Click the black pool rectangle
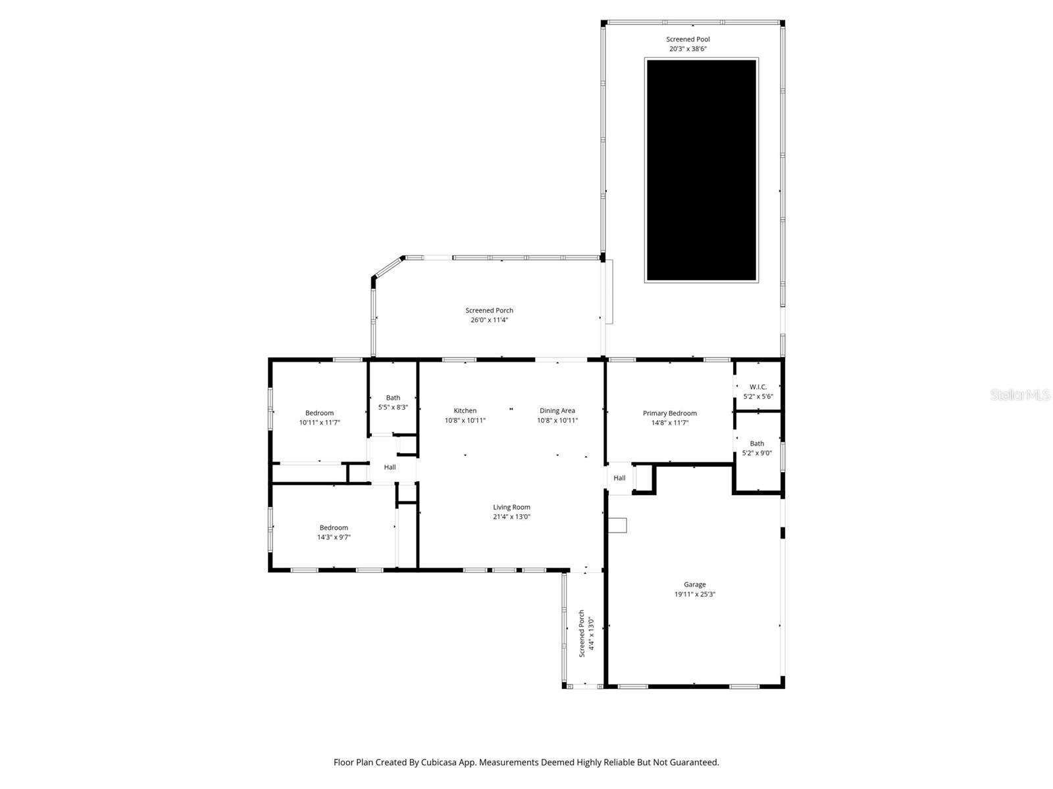point(701,170)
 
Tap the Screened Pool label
point(688,39)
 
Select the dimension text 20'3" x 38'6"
point(688,49)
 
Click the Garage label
point(694,585)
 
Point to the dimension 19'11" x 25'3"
point(694,594)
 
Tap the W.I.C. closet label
point(758,387)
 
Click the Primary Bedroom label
point(669,414)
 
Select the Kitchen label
point(465,411)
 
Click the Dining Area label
point(557,411)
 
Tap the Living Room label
point(511,508)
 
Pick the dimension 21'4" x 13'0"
point(511,517)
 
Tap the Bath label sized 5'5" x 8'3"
point(393,398)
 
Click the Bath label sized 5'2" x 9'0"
point(757,444)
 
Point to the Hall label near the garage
point(619,478)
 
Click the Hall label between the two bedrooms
point(390,467)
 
